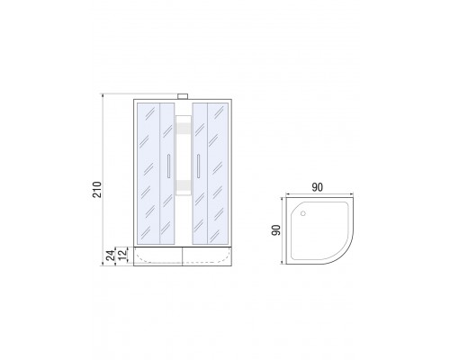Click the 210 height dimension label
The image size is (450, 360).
(x=97, y=189)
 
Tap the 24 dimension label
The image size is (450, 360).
(x=111, y=256)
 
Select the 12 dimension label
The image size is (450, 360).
(x=122, y=255)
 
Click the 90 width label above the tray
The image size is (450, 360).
(x=317, y=187)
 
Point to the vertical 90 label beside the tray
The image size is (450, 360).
(x=276, y=230)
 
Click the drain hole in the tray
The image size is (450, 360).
(x=303, y=213)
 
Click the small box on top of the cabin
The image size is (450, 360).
(x=183, y=96)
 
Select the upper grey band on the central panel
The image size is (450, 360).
(x=184, y=128)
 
